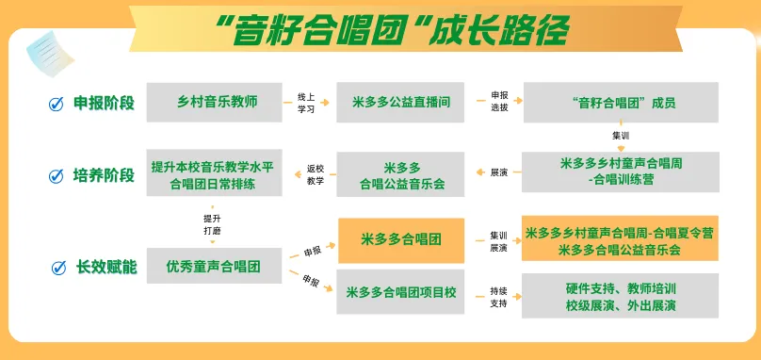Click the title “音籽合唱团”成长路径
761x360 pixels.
coord(392,29)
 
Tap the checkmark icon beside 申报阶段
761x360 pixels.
coord(57,104)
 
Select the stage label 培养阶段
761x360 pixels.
coord(104,175)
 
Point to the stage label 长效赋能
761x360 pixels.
coord(106,267)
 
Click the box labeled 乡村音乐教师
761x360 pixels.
coord(214,102)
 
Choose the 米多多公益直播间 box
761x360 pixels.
coord(400,102)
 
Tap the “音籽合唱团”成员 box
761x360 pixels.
coord(621,102)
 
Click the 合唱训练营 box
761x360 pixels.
coord(621,172)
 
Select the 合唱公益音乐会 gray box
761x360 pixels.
coord(400,174)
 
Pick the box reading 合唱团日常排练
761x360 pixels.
coord(214,172)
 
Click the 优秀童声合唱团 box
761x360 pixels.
coord(214,266)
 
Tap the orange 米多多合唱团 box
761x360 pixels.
coord(401,240)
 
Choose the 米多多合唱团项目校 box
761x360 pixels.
coord(400,291)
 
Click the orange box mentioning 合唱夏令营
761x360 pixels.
coord(621,238)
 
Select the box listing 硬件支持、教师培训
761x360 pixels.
coord(621,296)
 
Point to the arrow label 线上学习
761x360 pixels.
coord(306,103)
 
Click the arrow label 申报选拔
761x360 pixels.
coord(499,101)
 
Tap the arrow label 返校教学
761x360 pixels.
coord(315,175)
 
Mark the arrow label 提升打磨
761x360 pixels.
coord(212,225)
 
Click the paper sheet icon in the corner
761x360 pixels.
coord(50,54)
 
